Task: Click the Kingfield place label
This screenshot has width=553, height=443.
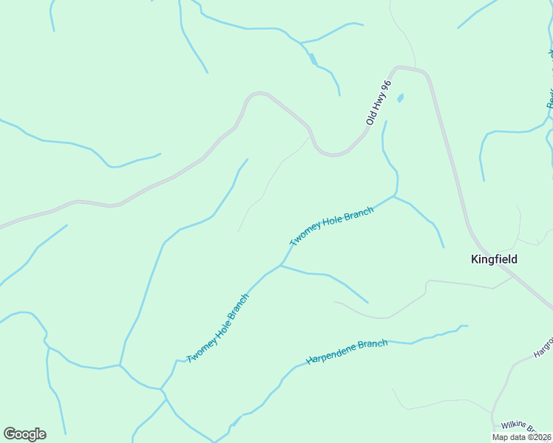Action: [494, 259]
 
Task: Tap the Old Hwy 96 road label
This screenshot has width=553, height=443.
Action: [377, 103]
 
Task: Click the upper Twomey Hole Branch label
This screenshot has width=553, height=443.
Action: [332, 227]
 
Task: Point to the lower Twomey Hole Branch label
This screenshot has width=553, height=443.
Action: [218, 328]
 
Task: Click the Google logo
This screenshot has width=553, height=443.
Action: [24, 434]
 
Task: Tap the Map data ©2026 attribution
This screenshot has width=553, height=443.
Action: [521, 437]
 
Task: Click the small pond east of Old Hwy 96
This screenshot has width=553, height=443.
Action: [401, 97]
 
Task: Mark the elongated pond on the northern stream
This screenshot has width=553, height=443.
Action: [313, 58]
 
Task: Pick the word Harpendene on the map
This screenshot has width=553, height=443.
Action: [331, 357]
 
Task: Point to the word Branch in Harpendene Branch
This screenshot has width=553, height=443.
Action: [373, 345]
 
